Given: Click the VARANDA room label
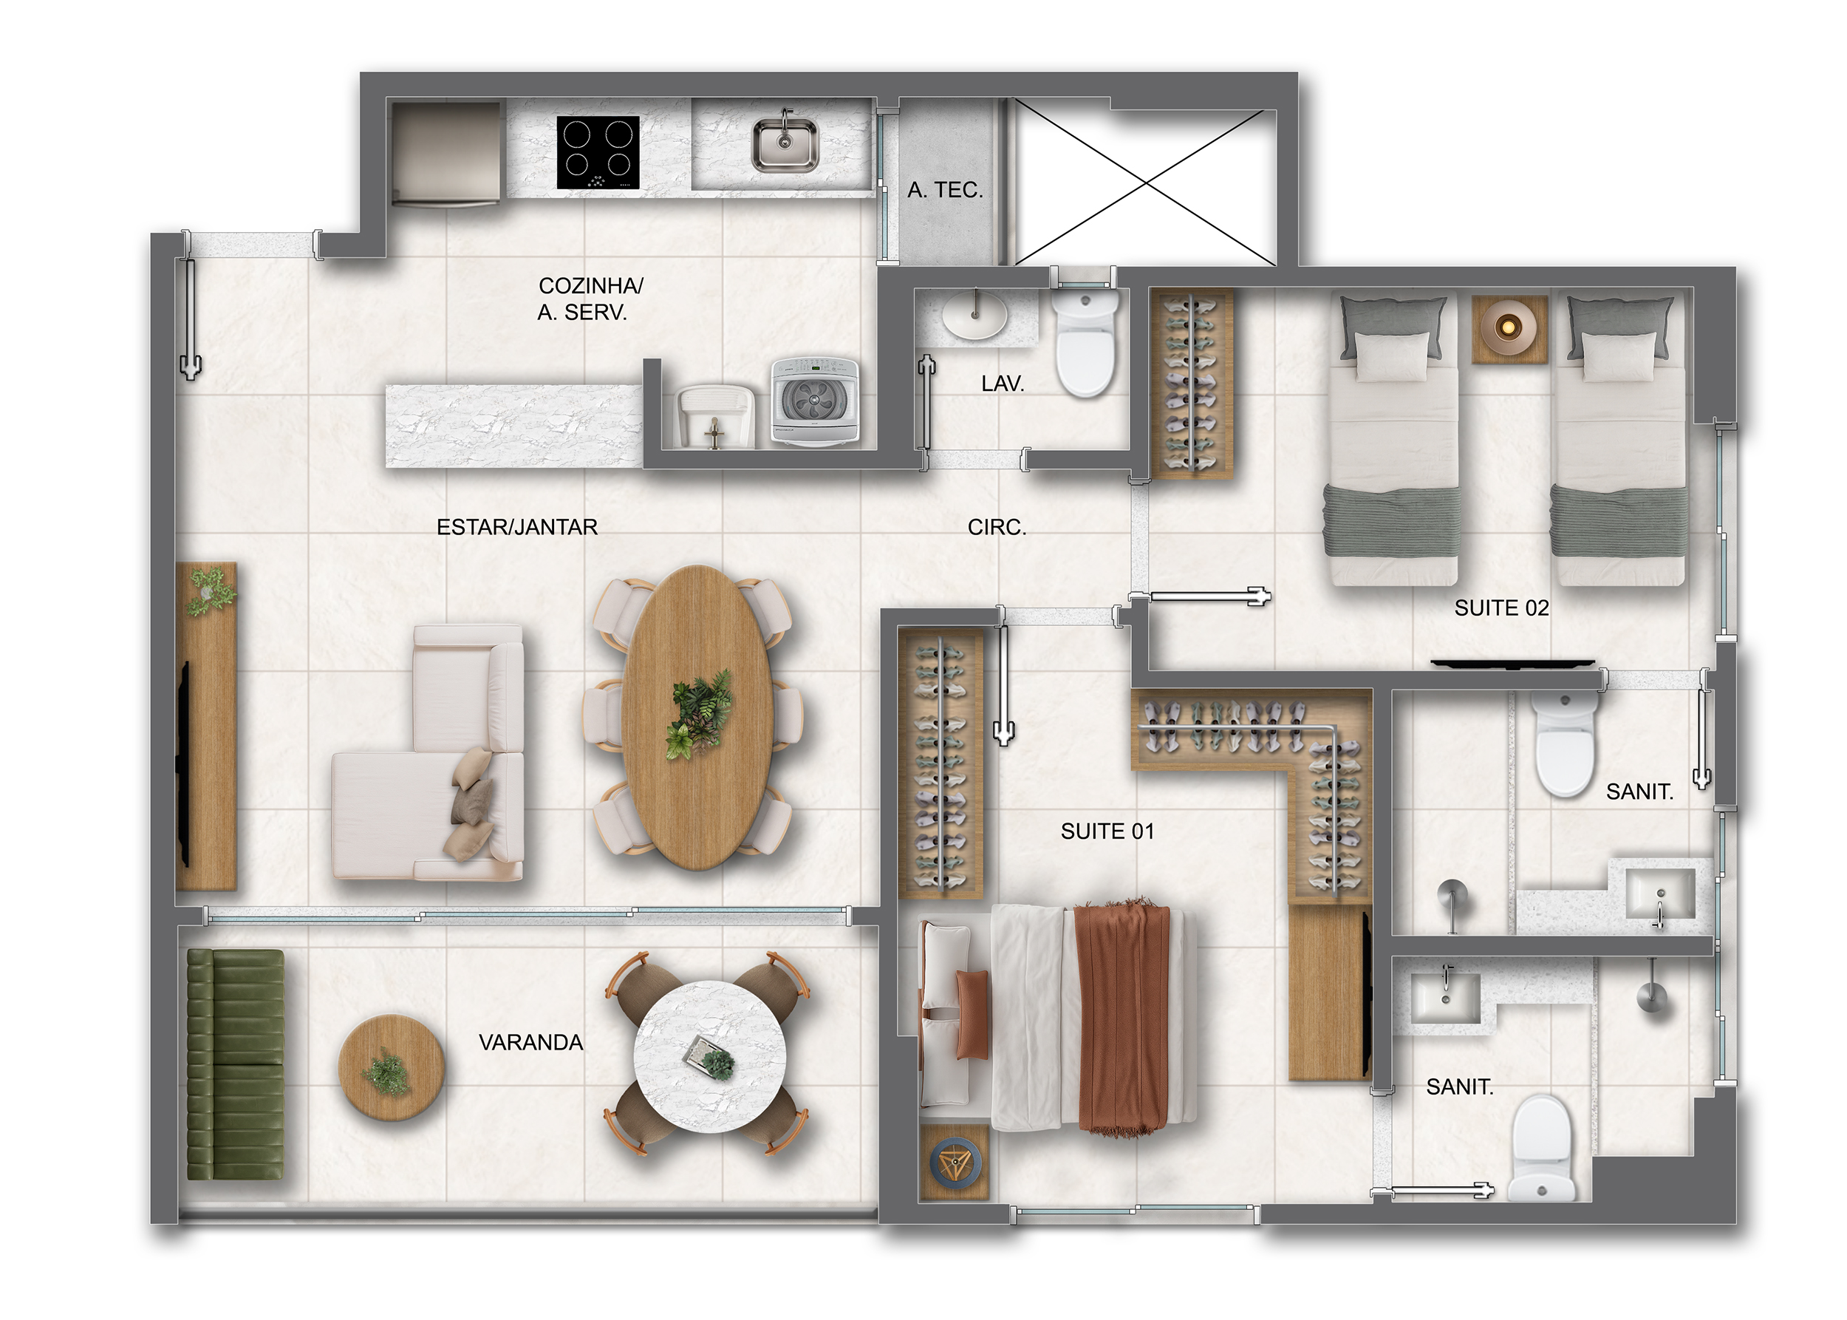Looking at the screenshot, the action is tap(530, 1043).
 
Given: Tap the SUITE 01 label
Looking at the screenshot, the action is tap(1107, 831).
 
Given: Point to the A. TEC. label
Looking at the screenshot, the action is tap(945, 190).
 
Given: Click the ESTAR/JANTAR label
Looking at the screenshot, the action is tap(517, 528).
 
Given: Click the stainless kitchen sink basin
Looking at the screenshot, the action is tap(784, 145).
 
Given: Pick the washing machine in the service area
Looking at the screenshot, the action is tap(814, 401).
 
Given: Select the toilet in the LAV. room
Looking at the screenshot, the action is tap(1084, 343).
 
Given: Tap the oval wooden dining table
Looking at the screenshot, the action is tap(697, 717).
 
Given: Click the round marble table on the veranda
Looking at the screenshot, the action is tap(709, 1057).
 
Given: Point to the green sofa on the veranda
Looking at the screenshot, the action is tap(236, 1065).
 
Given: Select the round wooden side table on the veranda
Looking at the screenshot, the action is tap(391, 1067).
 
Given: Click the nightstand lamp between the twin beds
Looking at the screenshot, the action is tap(1508, 327).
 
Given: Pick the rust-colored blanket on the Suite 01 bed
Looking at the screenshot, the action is tap(1123, 1017).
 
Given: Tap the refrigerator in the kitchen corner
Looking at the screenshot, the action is tap(446, 152).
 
